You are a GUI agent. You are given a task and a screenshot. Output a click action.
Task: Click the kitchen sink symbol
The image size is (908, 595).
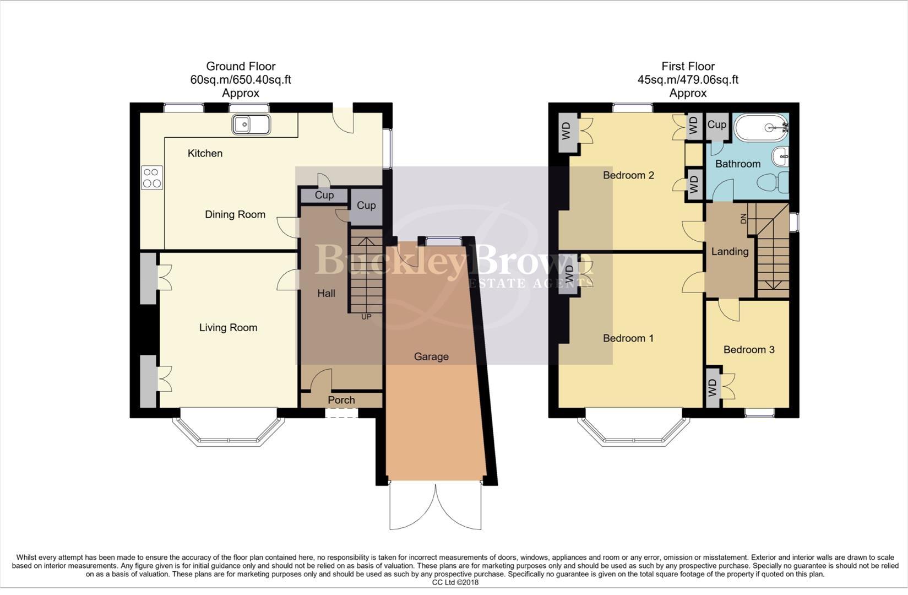point(251,124)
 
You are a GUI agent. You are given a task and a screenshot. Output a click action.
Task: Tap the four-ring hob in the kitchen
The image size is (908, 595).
point(151,178)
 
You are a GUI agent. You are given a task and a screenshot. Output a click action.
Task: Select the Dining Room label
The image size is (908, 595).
point(235,214)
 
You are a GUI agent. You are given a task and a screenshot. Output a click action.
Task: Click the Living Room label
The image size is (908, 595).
point(228,327)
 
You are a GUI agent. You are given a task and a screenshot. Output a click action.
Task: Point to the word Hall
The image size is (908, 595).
point(326,293)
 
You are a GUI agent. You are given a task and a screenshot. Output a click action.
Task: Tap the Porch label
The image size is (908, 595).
point(341,400)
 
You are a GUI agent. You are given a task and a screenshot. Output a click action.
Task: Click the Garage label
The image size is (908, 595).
point(431,356)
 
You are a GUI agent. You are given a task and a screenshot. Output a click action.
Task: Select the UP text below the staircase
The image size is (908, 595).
point(366,317)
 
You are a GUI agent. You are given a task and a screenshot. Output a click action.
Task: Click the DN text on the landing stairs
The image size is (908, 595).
point(744,218)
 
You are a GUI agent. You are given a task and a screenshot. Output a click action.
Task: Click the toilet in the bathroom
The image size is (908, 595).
point(773,182)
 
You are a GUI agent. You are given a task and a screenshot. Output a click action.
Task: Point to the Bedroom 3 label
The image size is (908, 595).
point(749,349)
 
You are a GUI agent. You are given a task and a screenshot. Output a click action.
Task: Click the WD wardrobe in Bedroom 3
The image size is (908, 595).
point(713,387)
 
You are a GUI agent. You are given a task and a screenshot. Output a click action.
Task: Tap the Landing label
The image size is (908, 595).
point(730,251)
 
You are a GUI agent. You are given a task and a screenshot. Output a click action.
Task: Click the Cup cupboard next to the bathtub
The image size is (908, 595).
point(716,125)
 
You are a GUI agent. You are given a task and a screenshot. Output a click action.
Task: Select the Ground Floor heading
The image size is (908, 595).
point(241,66)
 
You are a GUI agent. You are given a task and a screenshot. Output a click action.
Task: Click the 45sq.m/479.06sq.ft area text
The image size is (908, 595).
point(688,79)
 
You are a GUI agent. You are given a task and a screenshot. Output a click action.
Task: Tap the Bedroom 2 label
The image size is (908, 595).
point(628,175)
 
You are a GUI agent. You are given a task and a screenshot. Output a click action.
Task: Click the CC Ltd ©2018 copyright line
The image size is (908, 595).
point(455,582)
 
